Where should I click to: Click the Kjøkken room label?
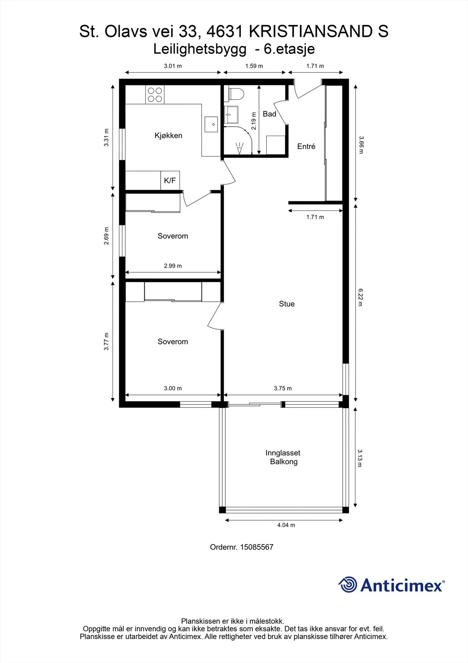pyautogui.click(x=168, y=136)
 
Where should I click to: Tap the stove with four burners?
pyautogui.click(x=155, y=94)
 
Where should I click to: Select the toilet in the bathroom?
pyautogui.click(x=236, y=94)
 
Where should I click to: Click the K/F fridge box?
pyautogui.click(x=170, y=180)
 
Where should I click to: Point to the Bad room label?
pyautogui.click(x=269, y=114)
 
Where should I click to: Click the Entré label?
pyautogui.click(x=306, y=146)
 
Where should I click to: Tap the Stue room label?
pyautogui.click(x=287, y=304)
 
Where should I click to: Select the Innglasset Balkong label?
pyautogui.click(x=283, y=457)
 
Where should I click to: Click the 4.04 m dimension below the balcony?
pyautogui.click(x=286, y=525)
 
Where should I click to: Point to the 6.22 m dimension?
pyautogui.click(x=360, y=297)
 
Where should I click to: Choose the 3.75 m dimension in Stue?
pyautogui.click(x=283, y=388)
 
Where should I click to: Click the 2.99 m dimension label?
pyautogui.click(x=173, y=266)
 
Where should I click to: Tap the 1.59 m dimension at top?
pyautogui.click(x=254, y=66)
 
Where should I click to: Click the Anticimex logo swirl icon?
pyautogui.click(x=348, y=584)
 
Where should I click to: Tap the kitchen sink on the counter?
pyautogui.click(x=211, y=124)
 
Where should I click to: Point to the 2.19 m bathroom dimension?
pyautogui.click(x=254, y=121)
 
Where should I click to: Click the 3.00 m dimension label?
pyautogui.click(x=173, y=388)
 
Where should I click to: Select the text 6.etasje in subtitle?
pyautogui.click(x=289, y=49)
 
